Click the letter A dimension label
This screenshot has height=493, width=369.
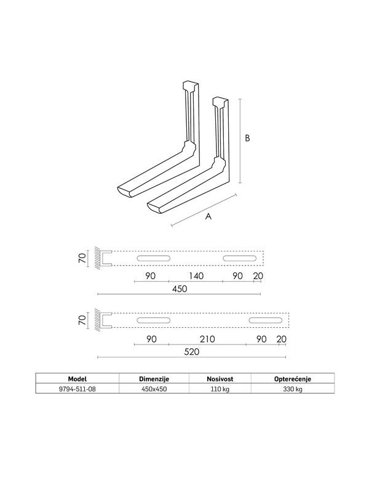click(208, 217)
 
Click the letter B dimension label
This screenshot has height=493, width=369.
click(247, 139)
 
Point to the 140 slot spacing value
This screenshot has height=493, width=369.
click(196, 275)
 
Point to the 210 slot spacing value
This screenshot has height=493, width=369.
click(207, 338)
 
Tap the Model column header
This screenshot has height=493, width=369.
click(77, 378)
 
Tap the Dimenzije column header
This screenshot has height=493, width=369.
click(154, 378)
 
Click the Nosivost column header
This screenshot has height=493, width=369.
click(220, 378)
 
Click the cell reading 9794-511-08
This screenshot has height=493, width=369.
click(77, 389)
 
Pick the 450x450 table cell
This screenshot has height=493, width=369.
click(154, 389)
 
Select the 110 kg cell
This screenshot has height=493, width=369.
click(220, 389)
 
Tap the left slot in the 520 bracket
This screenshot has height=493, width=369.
click(154, 320)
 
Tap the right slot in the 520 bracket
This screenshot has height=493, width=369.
click(266, 320)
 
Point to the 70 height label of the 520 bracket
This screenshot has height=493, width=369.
click(82, 320)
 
